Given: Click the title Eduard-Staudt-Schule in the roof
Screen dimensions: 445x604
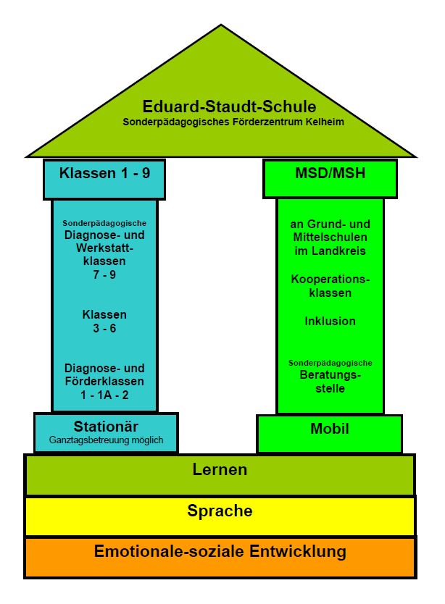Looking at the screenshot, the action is (x=229, y=106).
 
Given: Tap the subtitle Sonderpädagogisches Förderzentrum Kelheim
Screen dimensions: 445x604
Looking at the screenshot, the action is (x=233, y=122).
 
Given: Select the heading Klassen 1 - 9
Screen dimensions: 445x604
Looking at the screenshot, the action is (x=104, y=173).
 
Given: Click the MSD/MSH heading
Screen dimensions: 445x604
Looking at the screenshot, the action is (x=330, y=173).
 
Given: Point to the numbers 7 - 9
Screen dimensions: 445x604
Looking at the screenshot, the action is (x=104, y=274).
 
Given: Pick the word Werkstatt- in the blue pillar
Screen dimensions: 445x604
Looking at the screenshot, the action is (x=104, y=248).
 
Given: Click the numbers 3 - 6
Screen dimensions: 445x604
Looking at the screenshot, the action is (x=104, y=328).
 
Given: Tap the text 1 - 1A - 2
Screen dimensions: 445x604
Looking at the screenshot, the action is (x=104, y=395).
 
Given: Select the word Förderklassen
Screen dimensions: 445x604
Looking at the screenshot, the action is (x=104, y=382).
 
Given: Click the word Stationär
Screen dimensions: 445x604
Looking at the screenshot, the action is (x=106, y=427).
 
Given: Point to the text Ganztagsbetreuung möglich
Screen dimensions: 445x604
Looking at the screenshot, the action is (x=106, y=440).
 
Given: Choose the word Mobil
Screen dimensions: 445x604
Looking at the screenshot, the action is (x=330, y=429).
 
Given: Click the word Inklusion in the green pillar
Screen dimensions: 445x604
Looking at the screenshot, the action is (x=330, y=321).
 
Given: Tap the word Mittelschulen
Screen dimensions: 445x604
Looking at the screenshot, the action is (x=330, y=237).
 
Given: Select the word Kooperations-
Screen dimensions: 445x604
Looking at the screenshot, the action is (x=330, y=279).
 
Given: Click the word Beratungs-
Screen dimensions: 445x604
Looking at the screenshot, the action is (x=330, y=375).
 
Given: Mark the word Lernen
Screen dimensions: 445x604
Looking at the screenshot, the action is (x=220, y=469).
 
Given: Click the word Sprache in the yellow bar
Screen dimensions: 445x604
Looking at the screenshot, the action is (x=220, y=511).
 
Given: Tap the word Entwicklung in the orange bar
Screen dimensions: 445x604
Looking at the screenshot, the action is (x=298, y=551).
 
